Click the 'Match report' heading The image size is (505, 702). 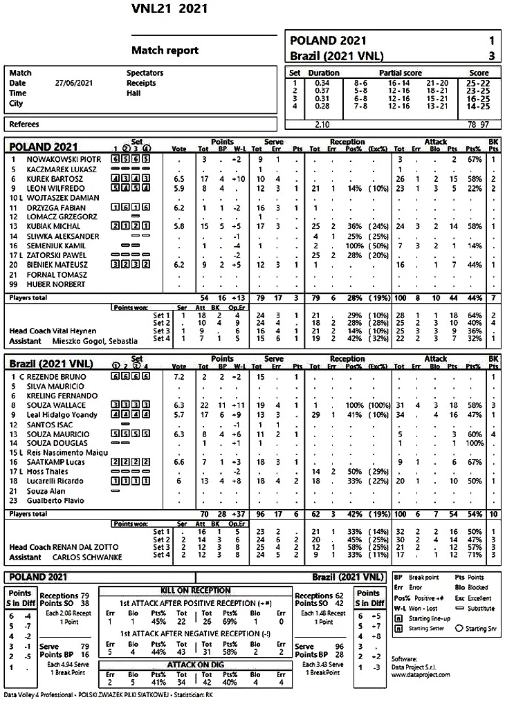[165, 50]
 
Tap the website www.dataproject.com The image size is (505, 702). [421, 675]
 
